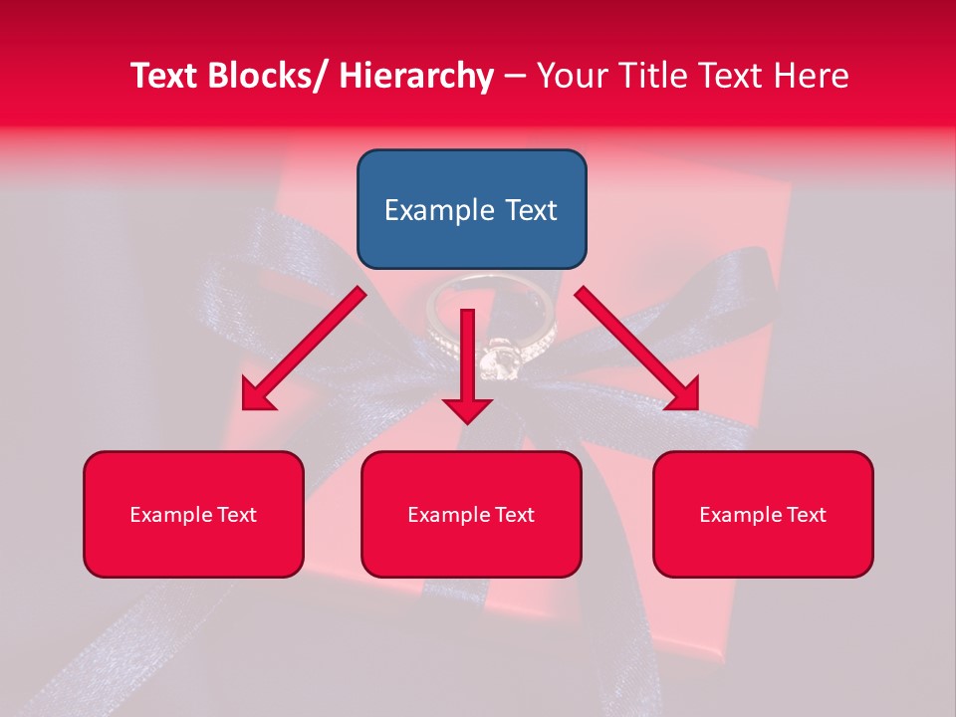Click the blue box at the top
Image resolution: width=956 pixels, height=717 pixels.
471,209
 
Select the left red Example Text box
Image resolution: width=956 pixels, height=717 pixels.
193,514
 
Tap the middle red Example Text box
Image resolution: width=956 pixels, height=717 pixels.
471,514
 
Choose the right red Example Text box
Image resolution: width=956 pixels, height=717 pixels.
763,514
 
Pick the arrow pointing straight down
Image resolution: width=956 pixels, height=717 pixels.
467,368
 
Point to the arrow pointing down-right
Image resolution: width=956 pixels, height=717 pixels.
637,349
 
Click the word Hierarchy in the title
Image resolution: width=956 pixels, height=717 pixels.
416,76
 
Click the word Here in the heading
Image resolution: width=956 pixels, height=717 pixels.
812,76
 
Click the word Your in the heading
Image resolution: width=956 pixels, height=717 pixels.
570,76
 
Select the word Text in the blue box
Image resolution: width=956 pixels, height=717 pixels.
530,210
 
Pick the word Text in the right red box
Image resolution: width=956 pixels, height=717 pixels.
805,515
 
